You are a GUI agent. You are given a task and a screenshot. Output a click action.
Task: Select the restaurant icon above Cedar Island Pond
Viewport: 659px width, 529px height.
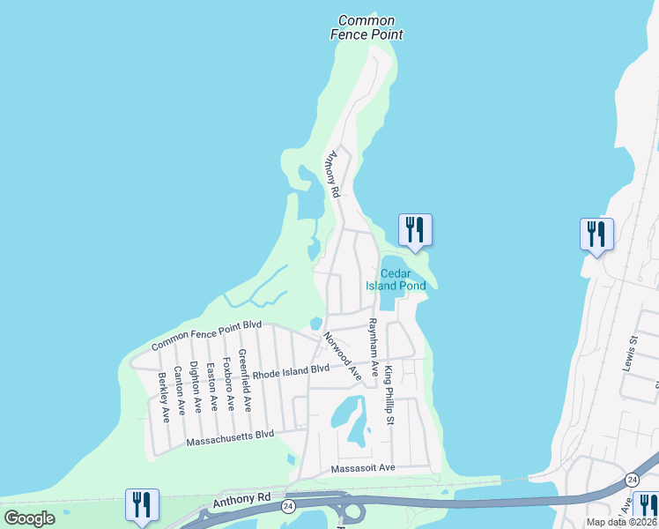point(413,231)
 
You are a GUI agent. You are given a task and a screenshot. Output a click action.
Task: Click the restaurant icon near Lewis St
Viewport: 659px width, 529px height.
point(596,235)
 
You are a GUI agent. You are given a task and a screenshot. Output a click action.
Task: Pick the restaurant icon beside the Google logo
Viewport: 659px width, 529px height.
point(142,505)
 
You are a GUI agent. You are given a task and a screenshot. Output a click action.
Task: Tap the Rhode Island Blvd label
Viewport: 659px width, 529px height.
point(291,371)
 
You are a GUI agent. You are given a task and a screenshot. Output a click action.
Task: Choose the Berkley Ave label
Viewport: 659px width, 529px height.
point(163,397)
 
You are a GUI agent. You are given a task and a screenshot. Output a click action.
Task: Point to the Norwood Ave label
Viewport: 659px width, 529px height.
point(343,355)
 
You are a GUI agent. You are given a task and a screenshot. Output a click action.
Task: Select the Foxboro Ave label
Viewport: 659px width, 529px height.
point(227,384)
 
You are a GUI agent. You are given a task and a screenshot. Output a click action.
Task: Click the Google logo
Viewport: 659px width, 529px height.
point(29,518)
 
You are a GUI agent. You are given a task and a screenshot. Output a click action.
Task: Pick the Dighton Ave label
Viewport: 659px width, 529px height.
point(195,389)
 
